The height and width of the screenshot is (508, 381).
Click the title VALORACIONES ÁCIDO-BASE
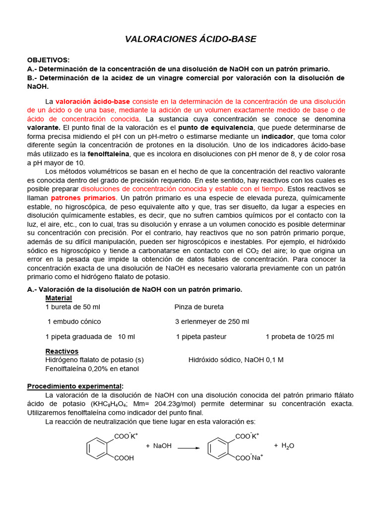(x=190, y=39)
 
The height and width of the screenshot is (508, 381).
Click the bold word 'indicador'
(x=277, y=136)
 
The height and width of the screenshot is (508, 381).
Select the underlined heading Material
(x=59, y=298)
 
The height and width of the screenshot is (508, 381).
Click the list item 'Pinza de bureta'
(x=199, y=307)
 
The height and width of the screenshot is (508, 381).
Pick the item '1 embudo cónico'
(x=74, y=321)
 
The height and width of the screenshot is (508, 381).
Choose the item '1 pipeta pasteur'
(x=201, y=336)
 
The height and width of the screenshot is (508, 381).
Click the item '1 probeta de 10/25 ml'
(x=300, y=336)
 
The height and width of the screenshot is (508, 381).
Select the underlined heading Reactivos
(x=62, y=351)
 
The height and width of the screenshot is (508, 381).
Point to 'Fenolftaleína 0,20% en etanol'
(x=92, y=369)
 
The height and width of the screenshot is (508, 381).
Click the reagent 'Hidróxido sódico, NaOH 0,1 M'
(x=236, y=360)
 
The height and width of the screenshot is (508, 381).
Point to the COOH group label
(x=124, y=458)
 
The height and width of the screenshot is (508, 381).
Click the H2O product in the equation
(x=288, y=446)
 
